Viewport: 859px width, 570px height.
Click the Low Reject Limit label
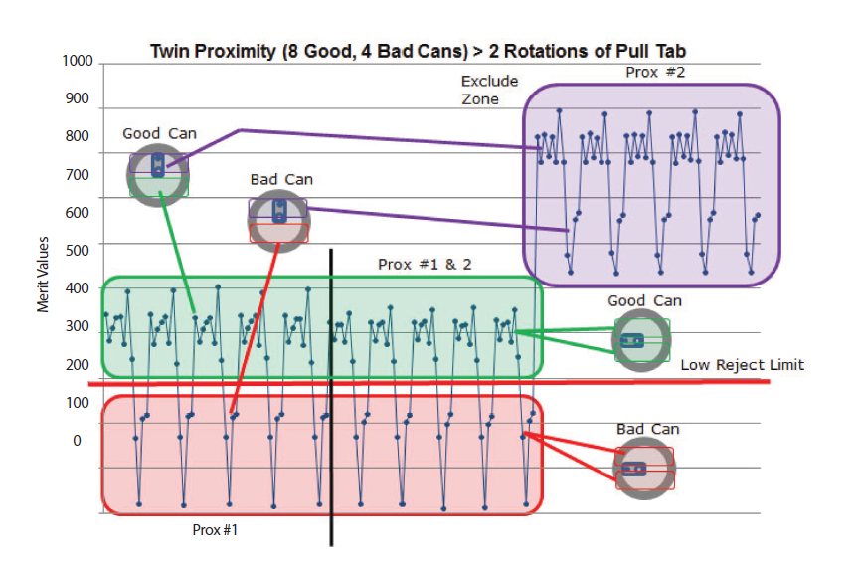click(x=742, y=365)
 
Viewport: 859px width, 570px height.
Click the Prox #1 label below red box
click(x=215, y=530)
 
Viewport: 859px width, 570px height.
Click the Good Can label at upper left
click(x=159, y=133)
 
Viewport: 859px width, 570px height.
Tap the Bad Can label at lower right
click(x=647, y=429)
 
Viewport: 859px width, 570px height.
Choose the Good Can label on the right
click(x=639, y=300)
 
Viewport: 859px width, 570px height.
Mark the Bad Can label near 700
click(x=281, y=179)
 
